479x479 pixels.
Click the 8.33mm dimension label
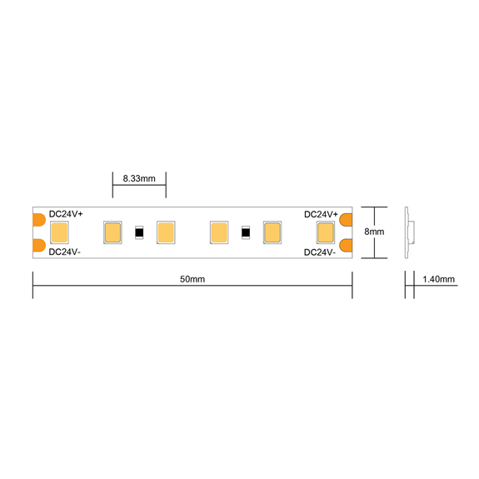coord(139,178)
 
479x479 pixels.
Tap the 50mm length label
coord(192,279)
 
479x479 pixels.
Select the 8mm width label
coord(374,232)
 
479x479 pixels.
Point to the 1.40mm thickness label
coord(439,279)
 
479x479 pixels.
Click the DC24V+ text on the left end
coord(65,214)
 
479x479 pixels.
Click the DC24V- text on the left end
coord(64,251)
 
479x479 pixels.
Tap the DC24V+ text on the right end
coord(320,214)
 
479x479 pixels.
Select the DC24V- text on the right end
coord(319,251)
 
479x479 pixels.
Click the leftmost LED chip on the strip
coord(58,232)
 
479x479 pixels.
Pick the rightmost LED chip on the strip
coord(326,232)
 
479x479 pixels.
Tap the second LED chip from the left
coord(112,232)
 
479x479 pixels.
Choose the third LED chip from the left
coord(165,232)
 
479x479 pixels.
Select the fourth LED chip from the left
coord(219,232)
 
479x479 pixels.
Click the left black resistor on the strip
coord(139,232)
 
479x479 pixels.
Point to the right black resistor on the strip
coord(246,232)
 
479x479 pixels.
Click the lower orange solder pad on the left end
coord(38,246)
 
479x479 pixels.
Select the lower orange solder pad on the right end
coord(347,246)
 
